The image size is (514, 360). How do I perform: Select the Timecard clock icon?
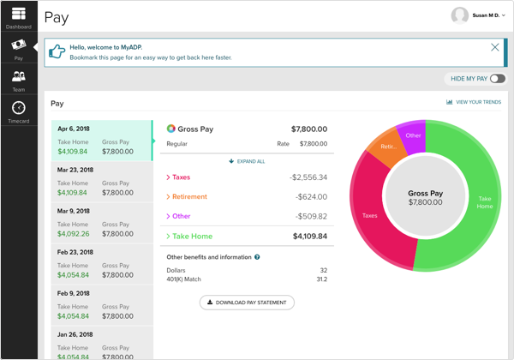tap(18, 108)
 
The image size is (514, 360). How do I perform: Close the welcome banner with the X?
tap(495, 47)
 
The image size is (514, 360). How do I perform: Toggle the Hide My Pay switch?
tap(497, 79)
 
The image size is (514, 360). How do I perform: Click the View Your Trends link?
tap(475, 102)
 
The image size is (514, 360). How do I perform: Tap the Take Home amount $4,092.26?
tap(74, 233)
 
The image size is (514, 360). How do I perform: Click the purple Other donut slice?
tap(414, 135)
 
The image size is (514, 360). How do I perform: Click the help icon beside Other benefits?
tap(257, 257)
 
